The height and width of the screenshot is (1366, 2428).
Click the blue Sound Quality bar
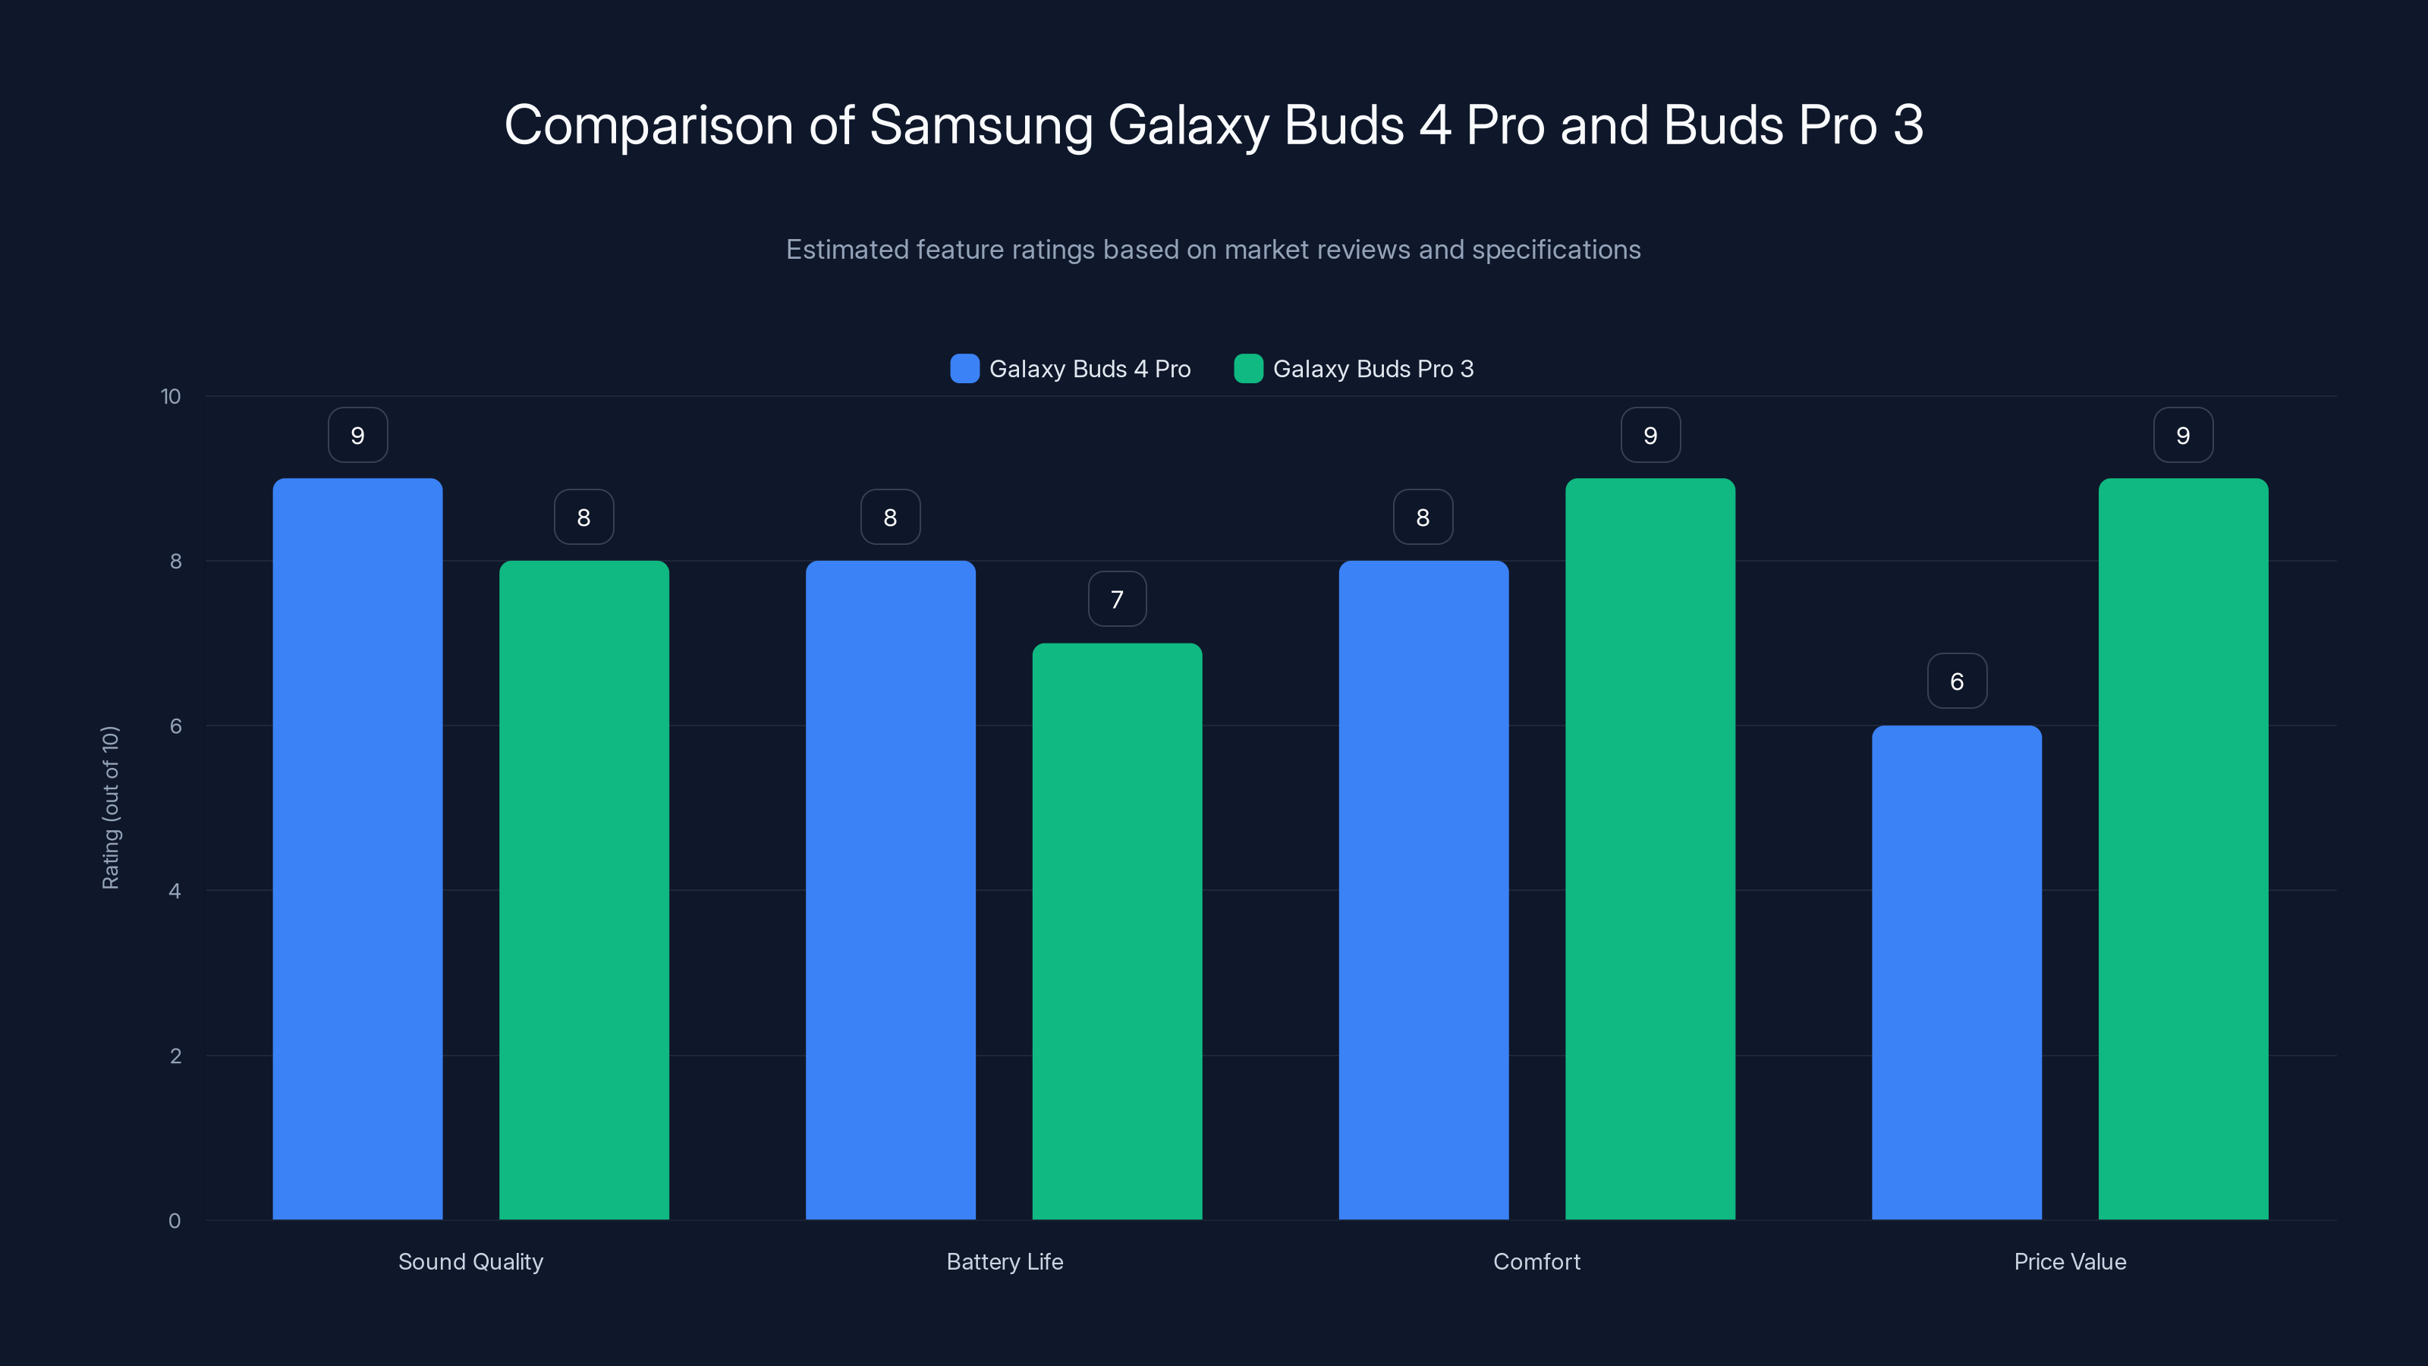[x=357, y=848]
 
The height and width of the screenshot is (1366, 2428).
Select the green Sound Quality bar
[x=583, y=890]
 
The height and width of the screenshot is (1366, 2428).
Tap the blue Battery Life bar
[x=890, y=890]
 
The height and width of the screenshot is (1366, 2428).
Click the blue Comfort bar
[x=1423, y=890]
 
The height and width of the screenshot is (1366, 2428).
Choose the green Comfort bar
[x=1650, y=848]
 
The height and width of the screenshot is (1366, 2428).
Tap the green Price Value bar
[x=2183, y=848]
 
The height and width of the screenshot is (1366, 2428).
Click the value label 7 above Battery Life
[x=1117, y=599]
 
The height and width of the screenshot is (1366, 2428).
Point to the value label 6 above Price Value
[x=1957, y=681]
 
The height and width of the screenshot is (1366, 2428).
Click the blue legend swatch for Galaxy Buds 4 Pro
[x=964, y=369]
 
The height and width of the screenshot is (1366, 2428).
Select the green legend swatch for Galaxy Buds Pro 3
[x=1248, y=369]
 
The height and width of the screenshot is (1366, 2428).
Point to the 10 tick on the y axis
[x=171, y=396]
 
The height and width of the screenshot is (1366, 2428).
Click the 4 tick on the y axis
[x=175, y=891]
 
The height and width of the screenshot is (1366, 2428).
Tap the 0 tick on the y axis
[x=175, y=1221]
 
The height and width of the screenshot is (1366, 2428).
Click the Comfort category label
[x=1536, y=1261]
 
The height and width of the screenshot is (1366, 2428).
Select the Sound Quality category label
[x=470, y=1261]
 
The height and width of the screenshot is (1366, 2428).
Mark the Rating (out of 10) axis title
[x=110, y=808]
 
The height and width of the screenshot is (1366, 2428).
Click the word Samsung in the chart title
[x=980, y=125]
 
